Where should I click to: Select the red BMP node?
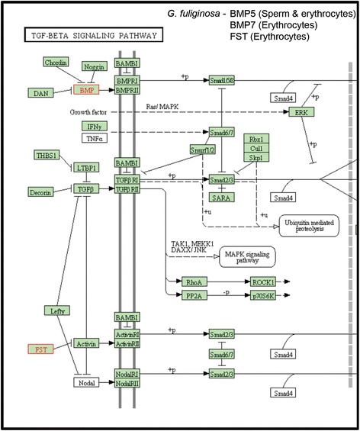pyautogui.click(x=86, y=90)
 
